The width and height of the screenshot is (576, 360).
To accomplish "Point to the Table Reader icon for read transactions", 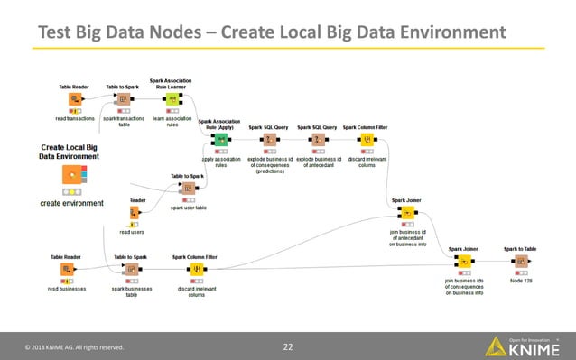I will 73,99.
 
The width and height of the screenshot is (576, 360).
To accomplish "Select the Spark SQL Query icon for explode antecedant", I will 317,139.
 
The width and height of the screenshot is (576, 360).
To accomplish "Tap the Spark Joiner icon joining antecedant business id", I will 407,213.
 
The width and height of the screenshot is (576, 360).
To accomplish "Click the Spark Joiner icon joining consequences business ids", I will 462,263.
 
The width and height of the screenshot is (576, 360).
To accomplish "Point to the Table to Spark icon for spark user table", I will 188,189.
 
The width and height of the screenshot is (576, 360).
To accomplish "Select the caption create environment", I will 71,203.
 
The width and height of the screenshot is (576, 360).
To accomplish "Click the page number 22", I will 288,346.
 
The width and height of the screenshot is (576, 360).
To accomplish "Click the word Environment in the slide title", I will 447,33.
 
